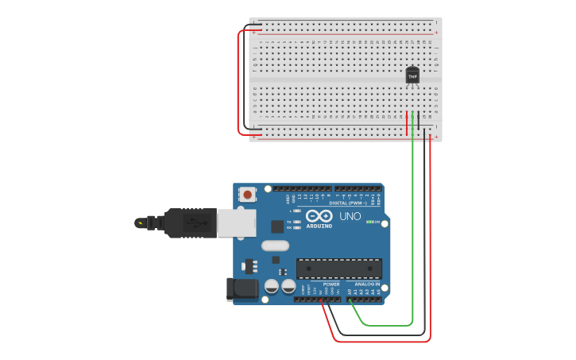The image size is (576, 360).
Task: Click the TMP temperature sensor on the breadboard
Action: point(412,75)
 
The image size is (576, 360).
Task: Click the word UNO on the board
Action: point(350,216)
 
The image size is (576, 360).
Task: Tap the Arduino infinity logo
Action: point(319,215)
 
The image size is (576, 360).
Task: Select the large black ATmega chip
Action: point(339,269)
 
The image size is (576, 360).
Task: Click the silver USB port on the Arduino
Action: point(237,223)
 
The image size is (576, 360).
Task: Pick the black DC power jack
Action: point(242,289)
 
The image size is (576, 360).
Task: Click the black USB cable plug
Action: point(190,223)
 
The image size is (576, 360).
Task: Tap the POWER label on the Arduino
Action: point(331,284)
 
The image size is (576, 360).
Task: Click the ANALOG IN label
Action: point(367,284)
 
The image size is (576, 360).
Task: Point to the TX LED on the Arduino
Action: point(296,222)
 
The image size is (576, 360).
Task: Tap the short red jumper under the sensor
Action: point(407,122)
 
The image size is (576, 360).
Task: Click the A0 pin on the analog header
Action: point(350,299)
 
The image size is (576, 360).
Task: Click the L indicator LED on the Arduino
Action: point(296,211)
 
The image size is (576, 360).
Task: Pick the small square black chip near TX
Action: point(276,226)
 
